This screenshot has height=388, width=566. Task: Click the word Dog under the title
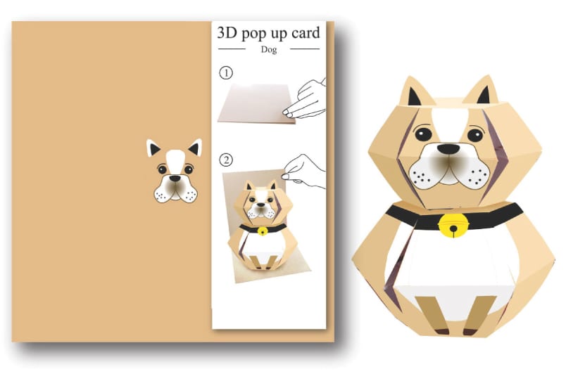[x=269, y=49]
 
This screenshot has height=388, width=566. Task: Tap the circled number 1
[x=226, y=72]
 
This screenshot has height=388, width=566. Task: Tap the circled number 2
[x=226, y=160]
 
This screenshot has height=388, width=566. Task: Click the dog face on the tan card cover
[x=174, y=172]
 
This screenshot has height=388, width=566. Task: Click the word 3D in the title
[x=225, y=33]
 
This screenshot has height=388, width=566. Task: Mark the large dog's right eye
[x=475, y=133]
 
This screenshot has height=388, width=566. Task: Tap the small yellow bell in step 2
[x=263, y=231]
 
